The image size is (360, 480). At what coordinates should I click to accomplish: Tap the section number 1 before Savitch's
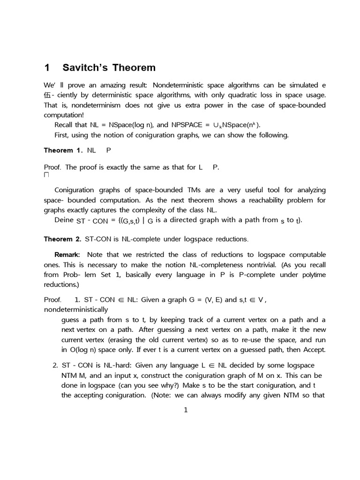pos(47,68)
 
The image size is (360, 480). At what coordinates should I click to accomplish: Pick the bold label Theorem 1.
pos(63,150)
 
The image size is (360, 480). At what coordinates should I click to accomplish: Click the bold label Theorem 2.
pos(63,239)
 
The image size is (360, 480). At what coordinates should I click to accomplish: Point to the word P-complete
pos(244,275)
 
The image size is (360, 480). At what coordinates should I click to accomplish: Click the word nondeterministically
pos(75,309)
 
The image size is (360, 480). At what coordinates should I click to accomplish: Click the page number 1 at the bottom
pos(186,411)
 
